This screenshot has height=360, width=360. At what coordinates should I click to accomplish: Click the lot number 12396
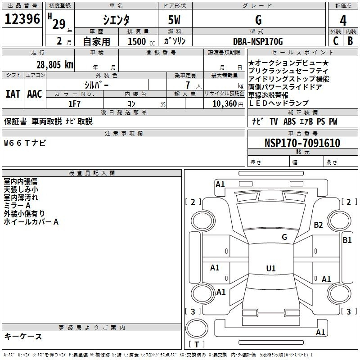tap(22, 18)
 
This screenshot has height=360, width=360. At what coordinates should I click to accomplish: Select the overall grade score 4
tap(343, 20)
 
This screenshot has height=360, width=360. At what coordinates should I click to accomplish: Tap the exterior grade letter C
tap(336, 41)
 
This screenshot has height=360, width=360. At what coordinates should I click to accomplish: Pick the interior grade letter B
tap(350, 41)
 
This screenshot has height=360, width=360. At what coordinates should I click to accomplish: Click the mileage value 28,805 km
tap(55, 65)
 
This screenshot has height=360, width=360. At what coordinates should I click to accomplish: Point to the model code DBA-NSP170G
tap(258, 41)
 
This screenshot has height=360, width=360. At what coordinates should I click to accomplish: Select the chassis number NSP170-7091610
tap(302, 143)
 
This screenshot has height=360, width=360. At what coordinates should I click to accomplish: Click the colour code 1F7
tap(74, 104)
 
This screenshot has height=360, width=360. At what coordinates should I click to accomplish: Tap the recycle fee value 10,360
tap(225, 104)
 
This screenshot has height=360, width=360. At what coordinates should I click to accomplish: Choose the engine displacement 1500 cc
tap(141, 41)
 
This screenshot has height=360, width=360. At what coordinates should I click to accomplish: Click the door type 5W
tap(174, 20)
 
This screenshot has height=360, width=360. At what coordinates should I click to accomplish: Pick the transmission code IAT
tap(13, 94)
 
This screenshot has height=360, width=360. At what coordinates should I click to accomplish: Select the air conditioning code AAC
tap(35, 94)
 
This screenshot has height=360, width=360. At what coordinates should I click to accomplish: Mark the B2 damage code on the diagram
tap(318, 225)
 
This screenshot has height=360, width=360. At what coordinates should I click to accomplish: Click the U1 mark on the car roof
tap(271, 268)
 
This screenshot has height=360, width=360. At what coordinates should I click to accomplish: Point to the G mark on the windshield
tap(284, 237)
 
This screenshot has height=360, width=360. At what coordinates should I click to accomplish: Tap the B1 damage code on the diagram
tap(347, 240)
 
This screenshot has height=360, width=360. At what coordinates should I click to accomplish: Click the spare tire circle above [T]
tap(197, 328)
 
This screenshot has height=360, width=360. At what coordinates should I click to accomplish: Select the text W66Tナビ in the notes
tap(25, 143)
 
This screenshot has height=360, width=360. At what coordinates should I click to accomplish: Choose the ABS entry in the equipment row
tap(289, 121)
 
